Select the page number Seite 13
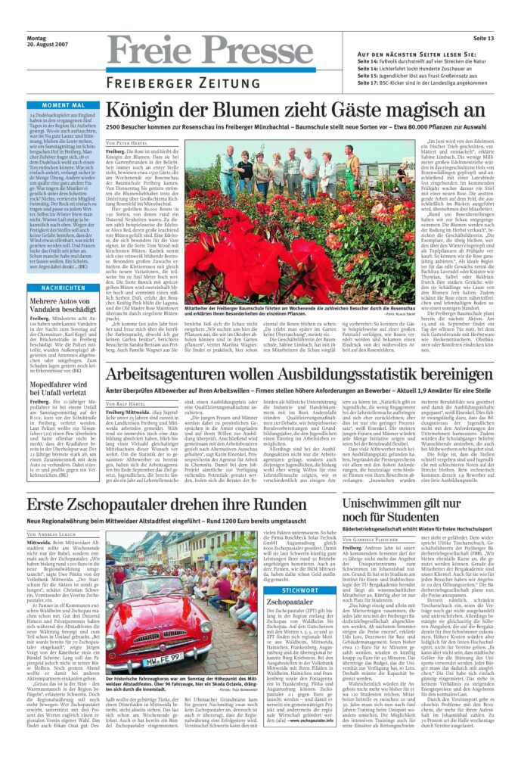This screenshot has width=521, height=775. pyautogui.click(x=483, y=38)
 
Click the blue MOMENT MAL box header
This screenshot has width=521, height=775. pyautogui.click(x=63, y=105)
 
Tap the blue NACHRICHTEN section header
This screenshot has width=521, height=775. pyautogui.click(x=63, y=288)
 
